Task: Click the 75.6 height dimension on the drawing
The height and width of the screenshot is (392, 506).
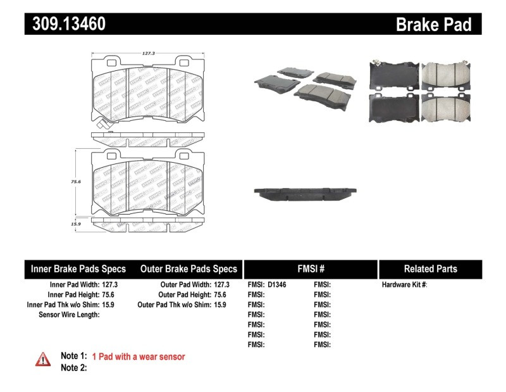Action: (75, 181)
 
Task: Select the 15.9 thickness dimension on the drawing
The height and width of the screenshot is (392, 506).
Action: (75, 224)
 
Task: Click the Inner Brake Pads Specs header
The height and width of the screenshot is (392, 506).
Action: (78, 269)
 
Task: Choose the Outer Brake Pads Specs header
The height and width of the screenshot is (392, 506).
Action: (188, 269)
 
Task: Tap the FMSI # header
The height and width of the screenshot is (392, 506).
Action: (311, 269)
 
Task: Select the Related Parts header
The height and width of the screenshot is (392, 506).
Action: (430, 269)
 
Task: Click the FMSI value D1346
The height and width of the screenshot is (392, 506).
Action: (277, 285)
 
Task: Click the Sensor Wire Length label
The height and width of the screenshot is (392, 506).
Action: (69, 315)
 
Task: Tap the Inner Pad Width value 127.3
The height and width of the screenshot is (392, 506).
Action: (109, 285)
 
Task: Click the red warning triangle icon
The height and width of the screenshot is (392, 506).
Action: (43, 359)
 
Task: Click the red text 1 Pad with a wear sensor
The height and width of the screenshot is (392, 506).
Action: (139, 357)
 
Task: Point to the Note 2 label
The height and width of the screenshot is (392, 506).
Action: (73, 368)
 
